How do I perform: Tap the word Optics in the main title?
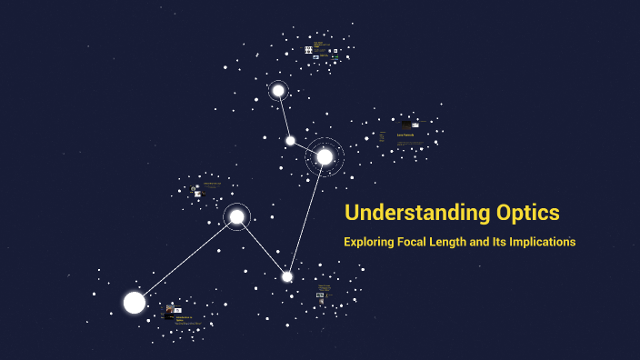(x=526, y=214)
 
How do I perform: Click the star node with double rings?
(x=325, y=156)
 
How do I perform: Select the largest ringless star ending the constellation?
(x=135, y=303)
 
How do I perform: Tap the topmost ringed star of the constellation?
(x=278, y=90)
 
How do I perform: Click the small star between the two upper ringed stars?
(x=290, y=140)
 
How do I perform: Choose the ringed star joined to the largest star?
(x=236, y=216)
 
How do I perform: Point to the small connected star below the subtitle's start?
(x=287, y=276)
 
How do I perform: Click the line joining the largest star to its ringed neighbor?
(x=185, y=259)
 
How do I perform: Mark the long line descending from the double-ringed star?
(x=306, y=216)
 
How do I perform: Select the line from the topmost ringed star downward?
(x=284, y=115)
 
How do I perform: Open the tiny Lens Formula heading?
(x=405, y=135)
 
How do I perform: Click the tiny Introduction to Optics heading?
(x=179, y=317)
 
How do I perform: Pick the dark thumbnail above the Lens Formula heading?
(x=405, y=125)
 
